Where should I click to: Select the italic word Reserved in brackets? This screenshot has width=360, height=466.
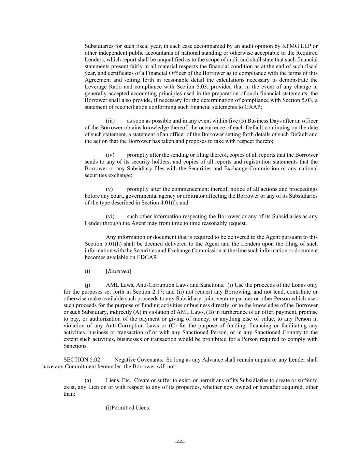click(x=119, y=271)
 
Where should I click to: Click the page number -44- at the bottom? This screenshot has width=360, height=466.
click(x=180, y=442)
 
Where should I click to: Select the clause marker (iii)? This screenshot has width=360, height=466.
click(x=110, y=121)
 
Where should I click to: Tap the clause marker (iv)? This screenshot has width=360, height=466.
click(x=110, y=155)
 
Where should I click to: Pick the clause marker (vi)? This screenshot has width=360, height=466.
click(x=110, y=216)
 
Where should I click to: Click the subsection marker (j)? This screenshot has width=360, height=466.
click(x=88, y=285)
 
